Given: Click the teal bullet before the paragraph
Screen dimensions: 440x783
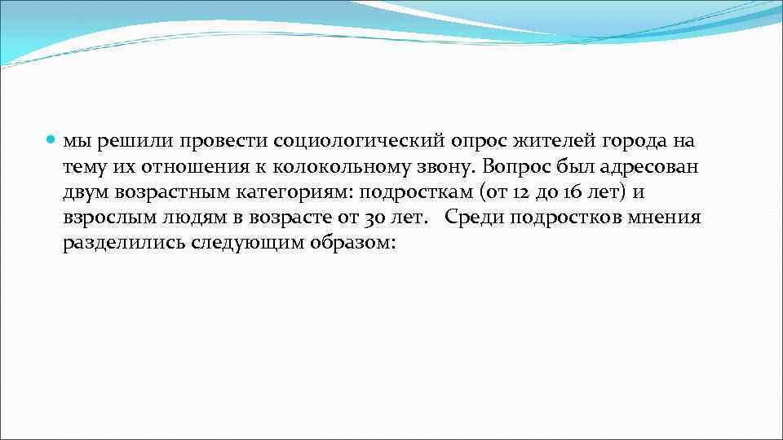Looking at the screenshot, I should click(51, 141).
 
